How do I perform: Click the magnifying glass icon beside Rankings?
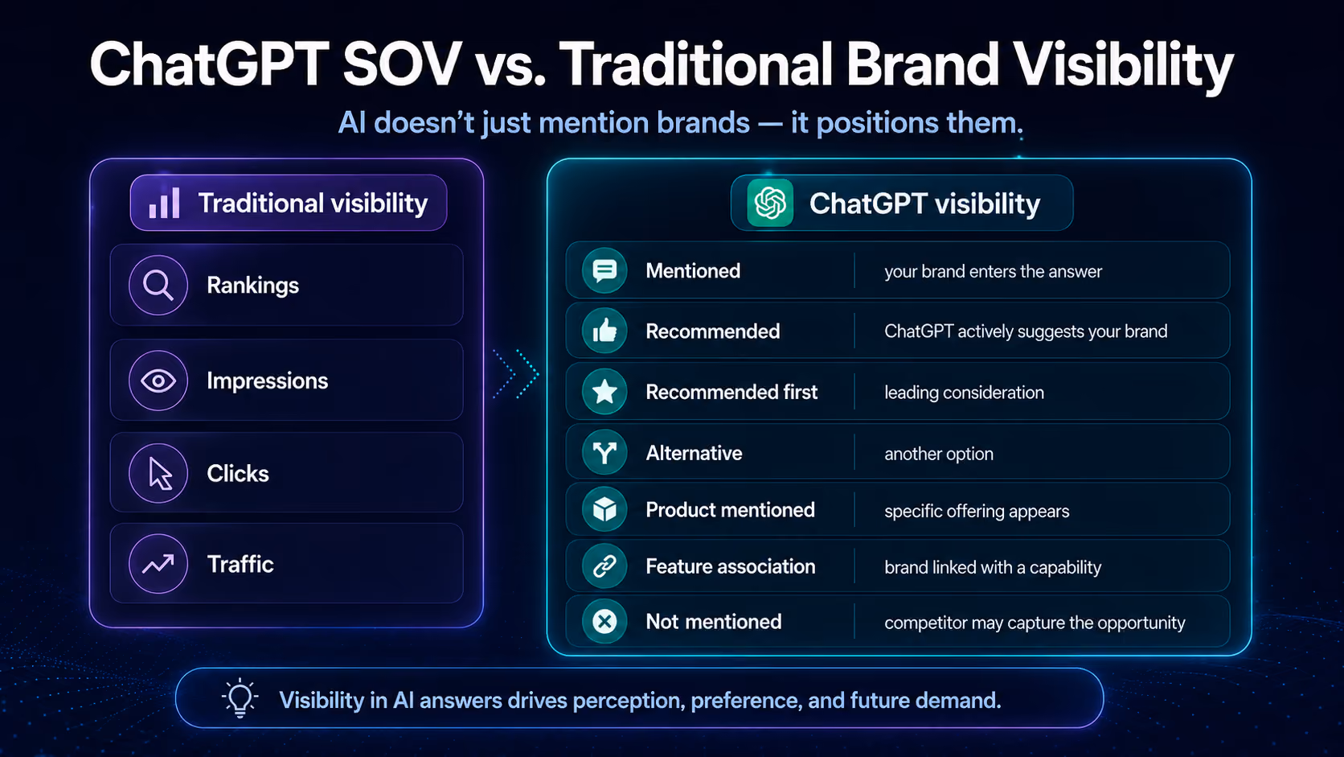coord(158,285)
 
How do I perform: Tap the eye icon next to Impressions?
coord(158,381)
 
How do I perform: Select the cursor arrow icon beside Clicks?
coord(160,475)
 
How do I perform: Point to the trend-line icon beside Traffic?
coord(158,564)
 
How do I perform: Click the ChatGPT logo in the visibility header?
coord(770,203)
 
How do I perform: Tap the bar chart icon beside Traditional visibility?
coord(165,202)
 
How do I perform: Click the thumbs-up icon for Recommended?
coord(604,331)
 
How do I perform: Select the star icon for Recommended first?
coord(604,392)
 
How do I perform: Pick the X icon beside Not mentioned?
coord(604,621)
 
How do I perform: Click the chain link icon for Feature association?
coord(604,566)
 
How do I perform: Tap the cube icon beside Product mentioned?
coord(604,510)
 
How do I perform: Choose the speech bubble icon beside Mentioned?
coord(604,271)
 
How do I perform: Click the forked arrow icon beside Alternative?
coord(604,453)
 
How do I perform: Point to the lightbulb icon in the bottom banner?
coord(240,698)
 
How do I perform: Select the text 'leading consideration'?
coord(965,393)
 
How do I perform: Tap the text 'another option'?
coord(939,454)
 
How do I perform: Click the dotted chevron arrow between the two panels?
coord(516,375)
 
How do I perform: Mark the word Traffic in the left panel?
coord(240,564)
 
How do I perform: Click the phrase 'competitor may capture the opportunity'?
coord(1035,623)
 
